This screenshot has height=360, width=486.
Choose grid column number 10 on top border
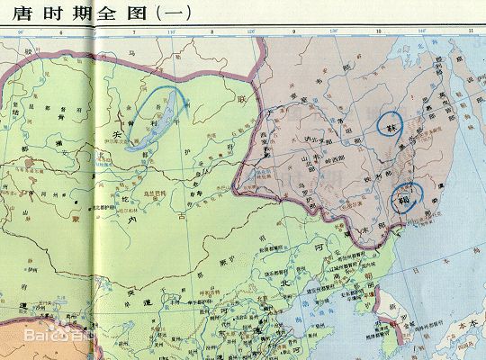coord(378,33)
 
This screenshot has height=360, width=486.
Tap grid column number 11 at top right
coord(470,33)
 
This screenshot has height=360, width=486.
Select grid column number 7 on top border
coord(135,33)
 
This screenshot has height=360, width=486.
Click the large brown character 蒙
coord(76,216)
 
